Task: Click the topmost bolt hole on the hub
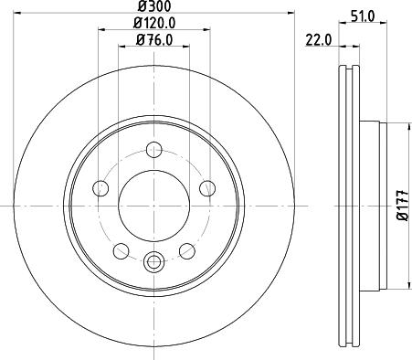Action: point(153,149)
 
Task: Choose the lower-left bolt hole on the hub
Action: point(120,250)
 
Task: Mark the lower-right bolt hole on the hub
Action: point(187,250)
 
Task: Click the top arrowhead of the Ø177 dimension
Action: point(390,126)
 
